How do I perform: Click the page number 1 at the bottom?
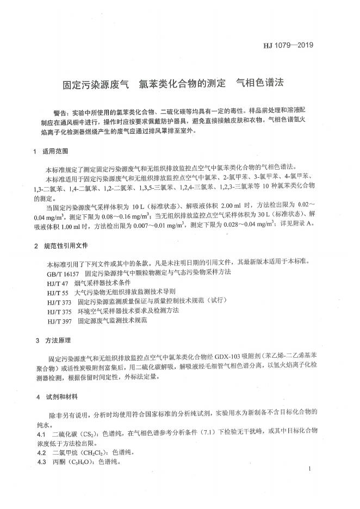click(309, 468)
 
